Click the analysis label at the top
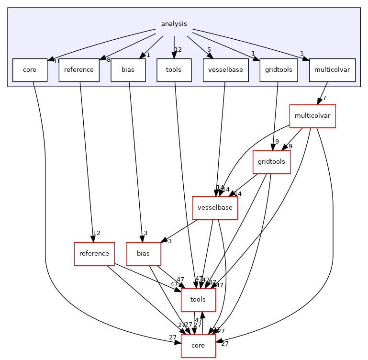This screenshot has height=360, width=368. pos(174,23)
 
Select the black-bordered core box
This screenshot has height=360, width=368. pos(30,70)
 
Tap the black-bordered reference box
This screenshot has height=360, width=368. pos(79,70)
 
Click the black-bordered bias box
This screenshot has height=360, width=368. pos(128,70)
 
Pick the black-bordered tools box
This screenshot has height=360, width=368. pos(174,70)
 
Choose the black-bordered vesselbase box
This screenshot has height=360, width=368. pos(225,70)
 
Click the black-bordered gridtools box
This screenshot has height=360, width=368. pos(279,70)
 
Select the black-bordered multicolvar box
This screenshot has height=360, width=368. pos(332,70)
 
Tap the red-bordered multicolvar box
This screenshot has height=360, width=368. pos(312,116)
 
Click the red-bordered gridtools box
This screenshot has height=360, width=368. pos(271,162)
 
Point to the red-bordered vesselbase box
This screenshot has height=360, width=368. pos(215,208)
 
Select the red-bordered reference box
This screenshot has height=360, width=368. pos(94,254)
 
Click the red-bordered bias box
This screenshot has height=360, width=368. pos(143,254)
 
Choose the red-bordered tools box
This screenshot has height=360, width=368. pos(198,300)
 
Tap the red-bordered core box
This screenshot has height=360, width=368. pos(198,346)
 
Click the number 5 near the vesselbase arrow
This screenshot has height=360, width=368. pos(209,50)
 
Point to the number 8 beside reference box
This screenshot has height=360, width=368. pos(109,60)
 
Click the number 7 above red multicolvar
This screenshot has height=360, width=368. pos(324,98)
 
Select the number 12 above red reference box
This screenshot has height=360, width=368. pos(97,233)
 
